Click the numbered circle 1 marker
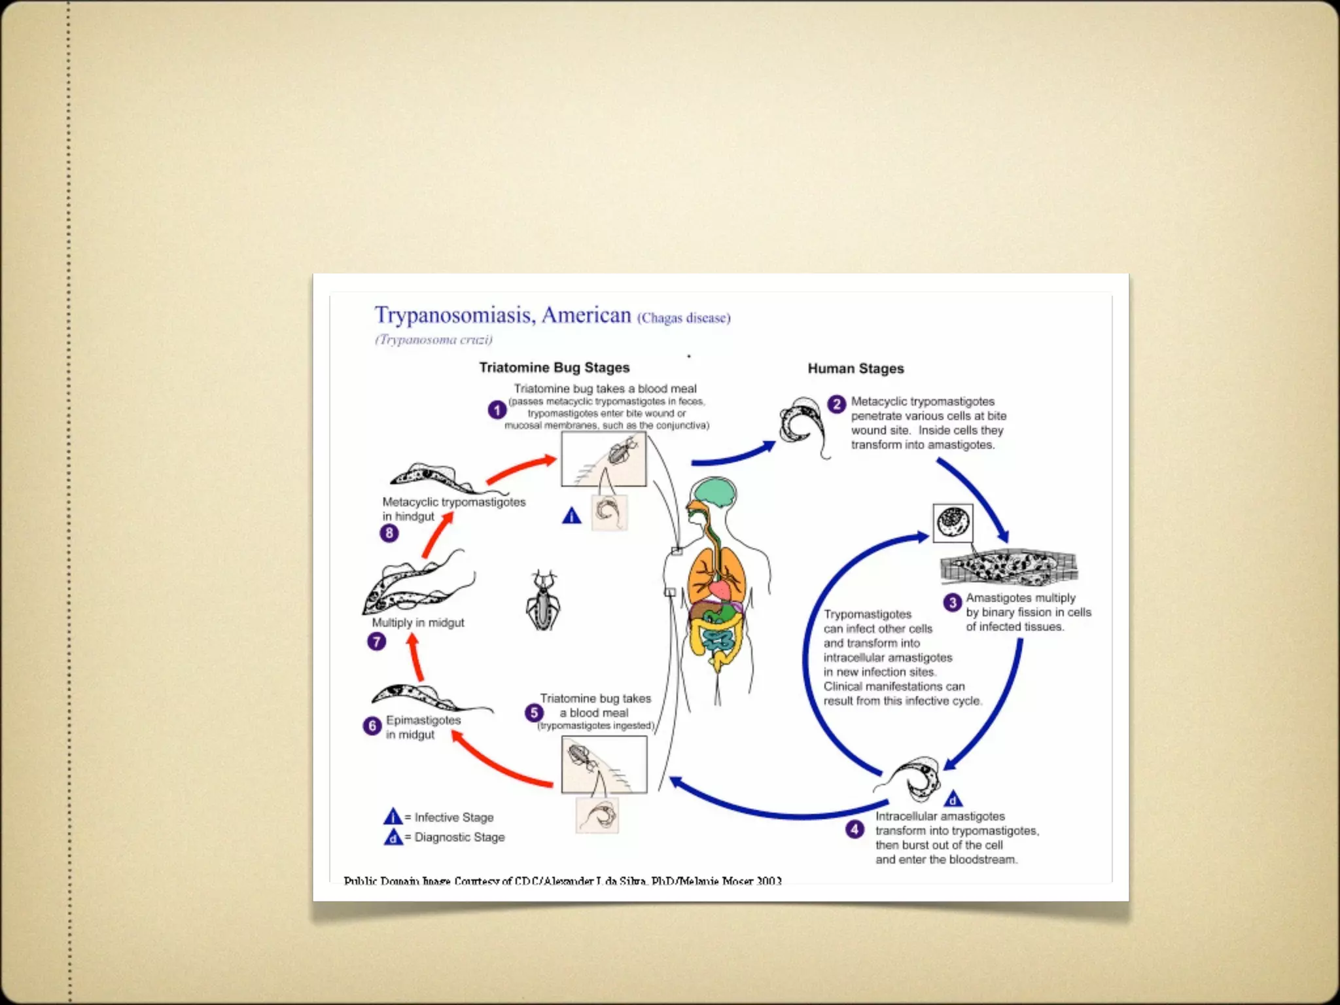[x=497, y=410]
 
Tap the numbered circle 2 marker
[x=837, y=404]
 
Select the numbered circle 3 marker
[x=952, y=603]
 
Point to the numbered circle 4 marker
[x=855, y=830]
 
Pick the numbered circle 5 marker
[x=534, y=713]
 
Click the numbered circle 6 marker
[x=372, y=726]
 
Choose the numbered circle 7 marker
[x=376, y=641]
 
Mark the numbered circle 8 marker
[x=389, y=533]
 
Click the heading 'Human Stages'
[x=855, y=368]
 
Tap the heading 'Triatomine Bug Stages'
[x=554, y=368]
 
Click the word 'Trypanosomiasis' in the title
[x=455, y=315]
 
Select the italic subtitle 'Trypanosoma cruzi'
[x=433, y=340]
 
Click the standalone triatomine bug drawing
[x=542, y=601]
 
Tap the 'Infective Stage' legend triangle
[x=393, y=817]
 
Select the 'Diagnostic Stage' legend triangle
[x=393, y=837]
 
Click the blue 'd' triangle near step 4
[x=953, y=800]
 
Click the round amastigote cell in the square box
[x=953, y=522]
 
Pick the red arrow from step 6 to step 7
[x=415, y=658]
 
